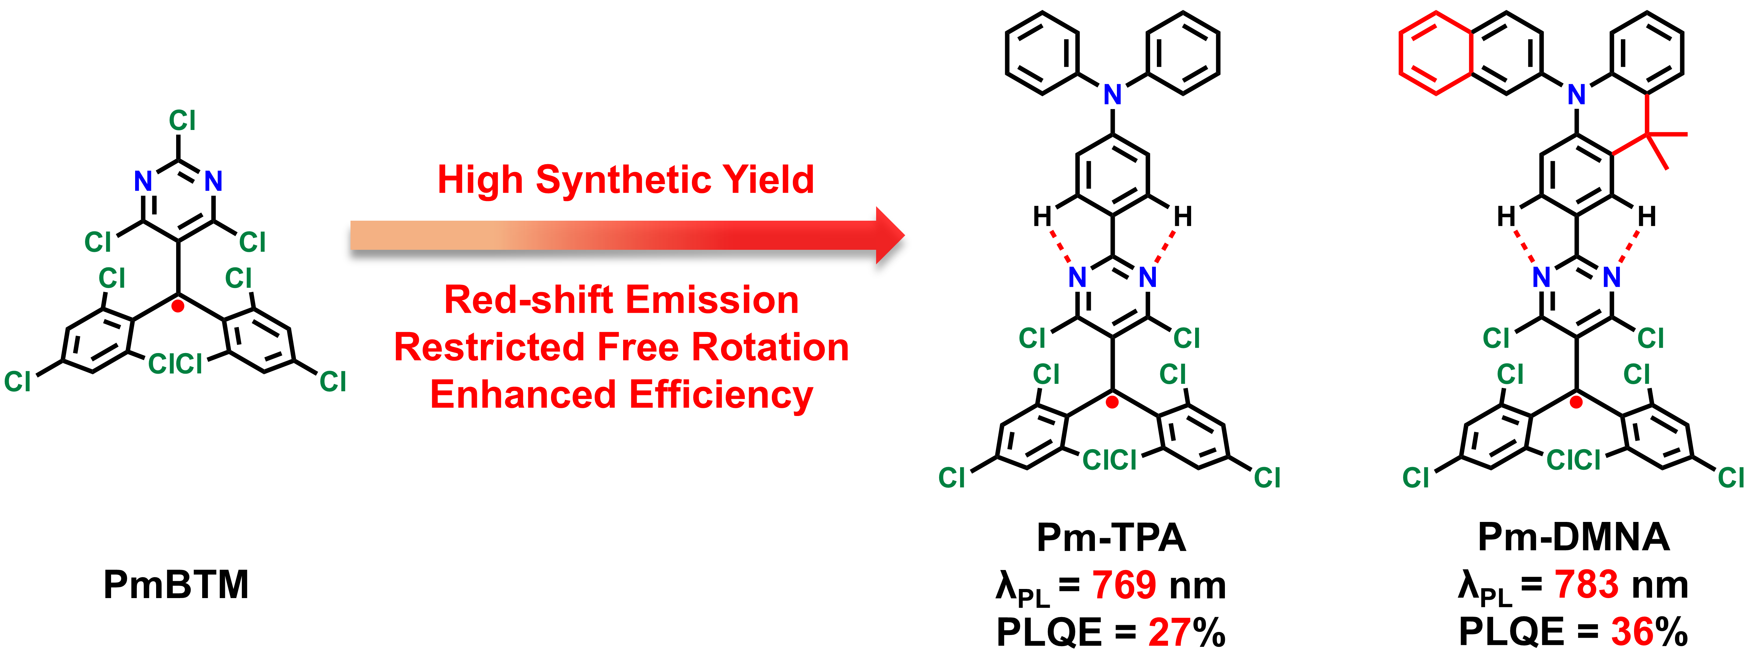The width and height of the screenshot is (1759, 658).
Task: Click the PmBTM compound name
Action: click(176, 585)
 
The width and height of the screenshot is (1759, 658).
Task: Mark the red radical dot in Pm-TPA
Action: click(1112, 403)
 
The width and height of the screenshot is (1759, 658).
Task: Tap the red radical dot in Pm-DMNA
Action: click(1576, 403)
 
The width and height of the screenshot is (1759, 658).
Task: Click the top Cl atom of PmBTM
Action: click(182, 121)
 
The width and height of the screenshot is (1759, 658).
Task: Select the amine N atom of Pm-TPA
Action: click(1112, 95)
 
